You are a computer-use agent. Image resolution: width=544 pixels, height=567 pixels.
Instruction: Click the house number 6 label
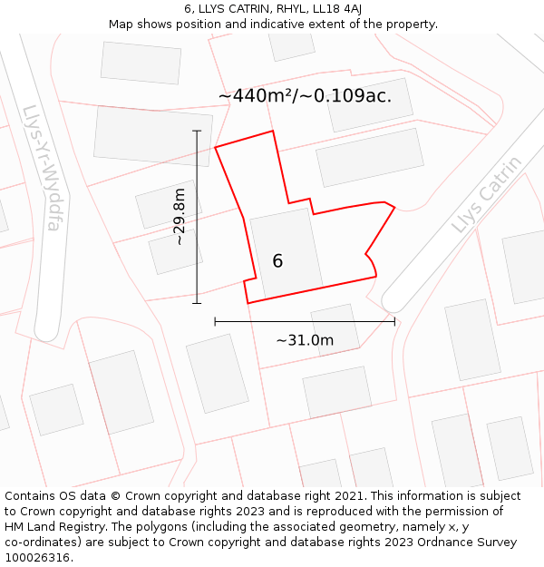pyautogui.click(x=277, y=261)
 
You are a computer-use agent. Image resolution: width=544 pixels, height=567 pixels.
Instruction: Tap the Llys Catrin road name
pyautogui.click(x=487, y=194)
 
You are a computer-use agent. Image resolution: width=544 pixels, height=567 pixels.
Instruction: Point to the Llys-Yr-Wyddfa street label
pyautogui.click(x=42, y=168)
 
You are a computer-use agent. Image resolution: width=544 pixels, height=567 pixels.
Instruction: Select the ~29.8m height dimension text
pyautogui.click(x=180, y=217)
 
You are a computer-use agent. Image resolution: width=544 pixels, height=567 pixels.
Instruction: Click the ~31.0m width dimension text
pyautogui.click(x=305, y=340)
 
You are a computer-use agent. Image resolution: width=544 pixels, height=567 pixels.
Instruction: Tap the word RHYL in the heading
pyautogui.click(x=273, y=8)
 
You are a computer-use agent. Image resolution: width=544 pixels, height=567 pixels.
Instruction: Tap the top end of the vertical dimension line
pyautogui.click(x=197, y=131)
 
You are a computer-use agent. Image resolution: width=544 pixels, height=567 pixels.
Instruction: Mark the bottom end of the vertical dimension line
pyautogui.click(x=197, y=303)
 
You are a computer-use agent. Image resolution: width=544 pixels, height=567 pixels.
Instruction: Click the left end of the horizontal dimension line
pyautogui.click(x=215, y=320)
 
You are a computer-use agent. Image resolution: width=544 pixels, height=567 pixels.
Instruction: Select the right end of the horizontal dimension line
pyautogui.click(x=394, y=320)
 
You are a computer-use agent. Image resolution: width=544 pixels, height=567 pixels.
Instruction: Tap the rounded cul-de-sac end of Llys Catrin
pyautogui.click(x=395, y=299)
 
